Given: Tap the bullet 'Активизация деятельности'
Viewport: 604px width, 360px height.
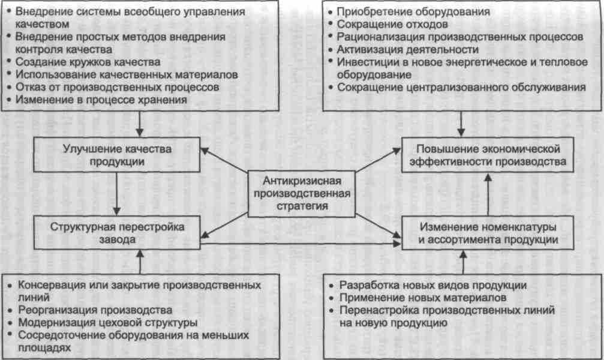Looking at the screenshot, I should pos(408,50).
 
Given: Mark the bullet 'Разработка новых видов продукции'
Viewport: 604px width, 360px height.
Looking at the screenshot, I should pos(432,284).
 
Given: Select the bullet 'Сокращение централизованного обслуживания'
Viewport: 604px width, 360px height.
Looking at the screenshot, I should pos(461,88).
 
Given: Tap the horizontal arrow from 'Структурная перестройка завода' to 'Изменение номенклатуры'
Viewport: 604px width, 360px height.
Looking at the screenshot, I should pos(300,243).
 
